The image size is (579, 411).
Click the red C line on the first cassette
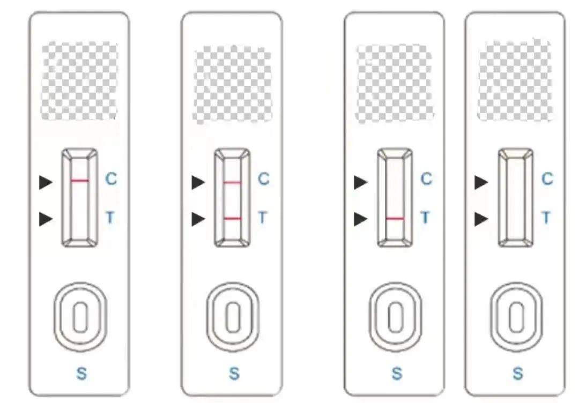pos(80,181)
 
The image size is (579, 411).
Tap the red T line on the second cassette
pos(233,219)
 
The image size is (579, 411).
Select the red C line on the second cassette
pos(232,182)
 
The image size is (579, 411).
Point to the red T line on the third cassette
pos(395,219)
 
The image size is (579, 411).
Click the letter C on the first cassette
pos(111,179)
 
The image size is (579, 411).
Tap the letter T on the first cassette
pos(110,218)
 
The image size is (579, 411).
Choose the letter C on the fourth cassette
pos(547,179)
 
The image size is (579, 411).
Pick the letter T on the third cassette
pos(425,218)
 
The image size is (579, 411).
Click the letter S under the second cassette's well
pos(234,373)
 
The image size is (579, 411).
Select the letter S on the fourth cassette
pos(518,373)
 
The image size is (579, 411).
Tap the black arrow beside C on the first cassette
pos(46,182)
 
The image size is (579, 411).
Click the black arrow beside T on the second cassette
pos(198,220)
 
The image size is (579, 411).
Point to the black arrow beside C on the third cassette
pos(361,182)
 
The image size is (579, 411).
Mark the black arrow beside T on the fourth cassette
pos(481,220)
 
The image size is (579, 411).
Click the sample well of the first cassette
pos(80,317)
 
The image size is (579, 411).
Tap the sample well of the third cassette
pos(396,317)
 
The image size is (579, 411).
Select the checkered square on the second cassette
pos(232,85)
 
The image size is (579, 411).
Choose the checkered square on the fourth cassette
pos(516,80)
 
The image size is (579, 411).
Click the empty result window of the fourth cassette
pos(516,197)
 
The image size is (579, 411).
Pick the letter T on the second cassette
pos(263,218)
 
